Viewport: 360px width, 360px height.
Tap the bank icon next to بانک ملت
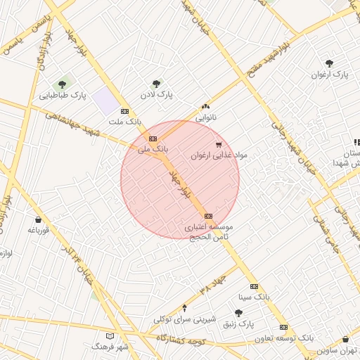[125, 111]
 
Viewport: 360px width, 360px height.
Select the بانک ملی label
[153, 149]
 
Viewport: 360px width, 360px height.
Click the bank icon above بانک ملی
[153, 139]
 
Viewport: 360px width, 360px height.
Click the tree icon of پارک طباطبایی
[63, 84]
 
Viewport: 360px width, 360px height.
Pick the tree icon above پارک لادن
[156, 83]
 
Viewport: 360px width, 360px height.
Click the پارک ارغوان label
[330, 74]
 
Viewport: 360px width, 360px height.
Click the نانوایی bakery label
[206, 116]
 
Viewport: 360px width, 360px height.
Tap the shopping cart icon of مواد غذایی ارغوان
[218, 145]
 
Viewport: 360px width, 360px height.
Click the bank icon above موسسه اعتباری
[208, 216]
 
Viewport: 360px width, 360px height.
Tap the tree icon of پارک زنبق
[238, 313]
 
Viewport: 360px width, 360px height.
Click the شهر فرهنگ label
[109, 347]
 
